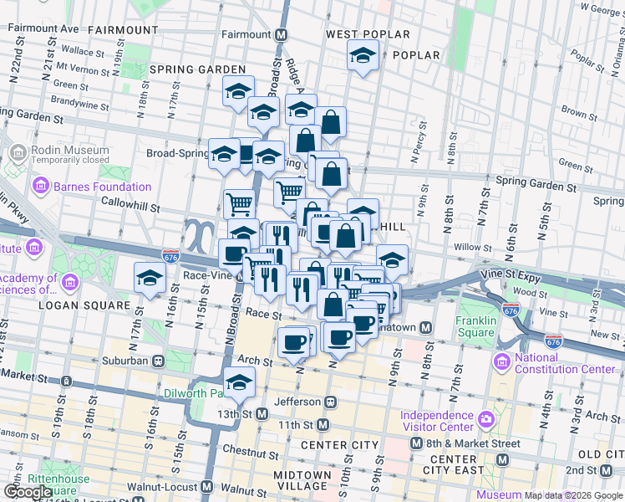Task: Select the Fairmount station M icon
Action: tap(282, 35)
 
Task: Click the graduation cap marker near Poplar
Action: tap(362, 56)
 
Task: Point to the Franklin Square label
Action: tap(475, 326)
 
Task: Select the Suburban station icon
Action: tap(157, 361)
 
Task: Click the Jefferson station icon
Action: tap(331, 402)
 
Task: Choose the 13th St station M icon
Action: tap(262, 413)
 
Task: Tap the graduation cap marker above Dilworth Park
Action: tap(240, 382)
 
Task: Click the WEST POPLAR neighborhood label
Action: tap(368, 34)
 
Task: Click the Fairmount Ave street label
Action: tap(43, 28)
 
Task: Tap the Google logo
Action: tap(28, 493)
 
